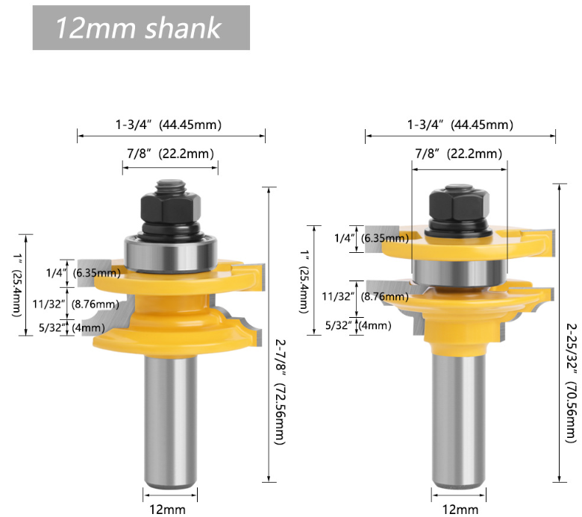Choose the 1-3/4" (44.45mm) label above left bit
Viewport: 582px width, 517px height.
tap(169, 125)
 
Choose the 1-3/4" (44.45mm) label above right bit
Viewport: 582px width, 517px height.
tap(460, 125)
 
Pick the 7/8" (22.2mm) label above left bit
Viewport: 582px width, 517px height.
tap(170, 154)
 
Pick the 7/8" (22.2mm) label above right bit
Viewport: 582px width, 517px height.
tap(458, 154)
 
